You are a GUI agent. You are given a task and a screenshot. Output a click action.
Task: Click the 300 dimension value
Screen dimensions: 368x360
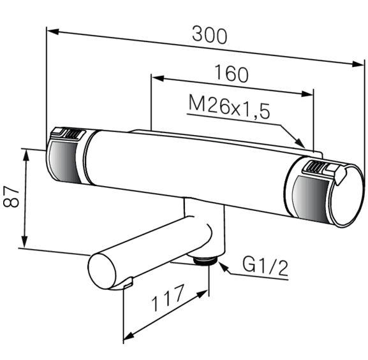coord(210,36)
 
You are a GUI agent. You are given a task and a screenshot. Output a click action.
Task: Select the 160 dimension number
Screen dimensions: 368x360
coord(231,74)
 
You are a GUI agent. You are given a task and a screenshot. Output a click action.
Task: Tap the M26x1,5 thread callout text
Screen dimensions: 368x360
coord(230,108)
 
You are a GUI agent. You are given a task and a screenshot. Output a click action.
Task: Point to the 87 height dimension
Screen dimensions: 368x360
coord(11,196)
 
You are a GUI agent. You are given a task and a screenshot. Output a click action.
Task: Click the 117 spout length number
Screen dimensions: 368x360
coord(167,298)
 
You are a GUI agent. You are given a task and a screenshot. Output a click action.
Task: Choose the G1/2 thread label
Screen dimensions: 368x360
coord(265,266)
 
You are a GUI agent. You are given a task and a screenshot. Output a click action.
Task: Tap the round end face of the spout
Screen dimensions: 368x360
coord(102,272)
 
